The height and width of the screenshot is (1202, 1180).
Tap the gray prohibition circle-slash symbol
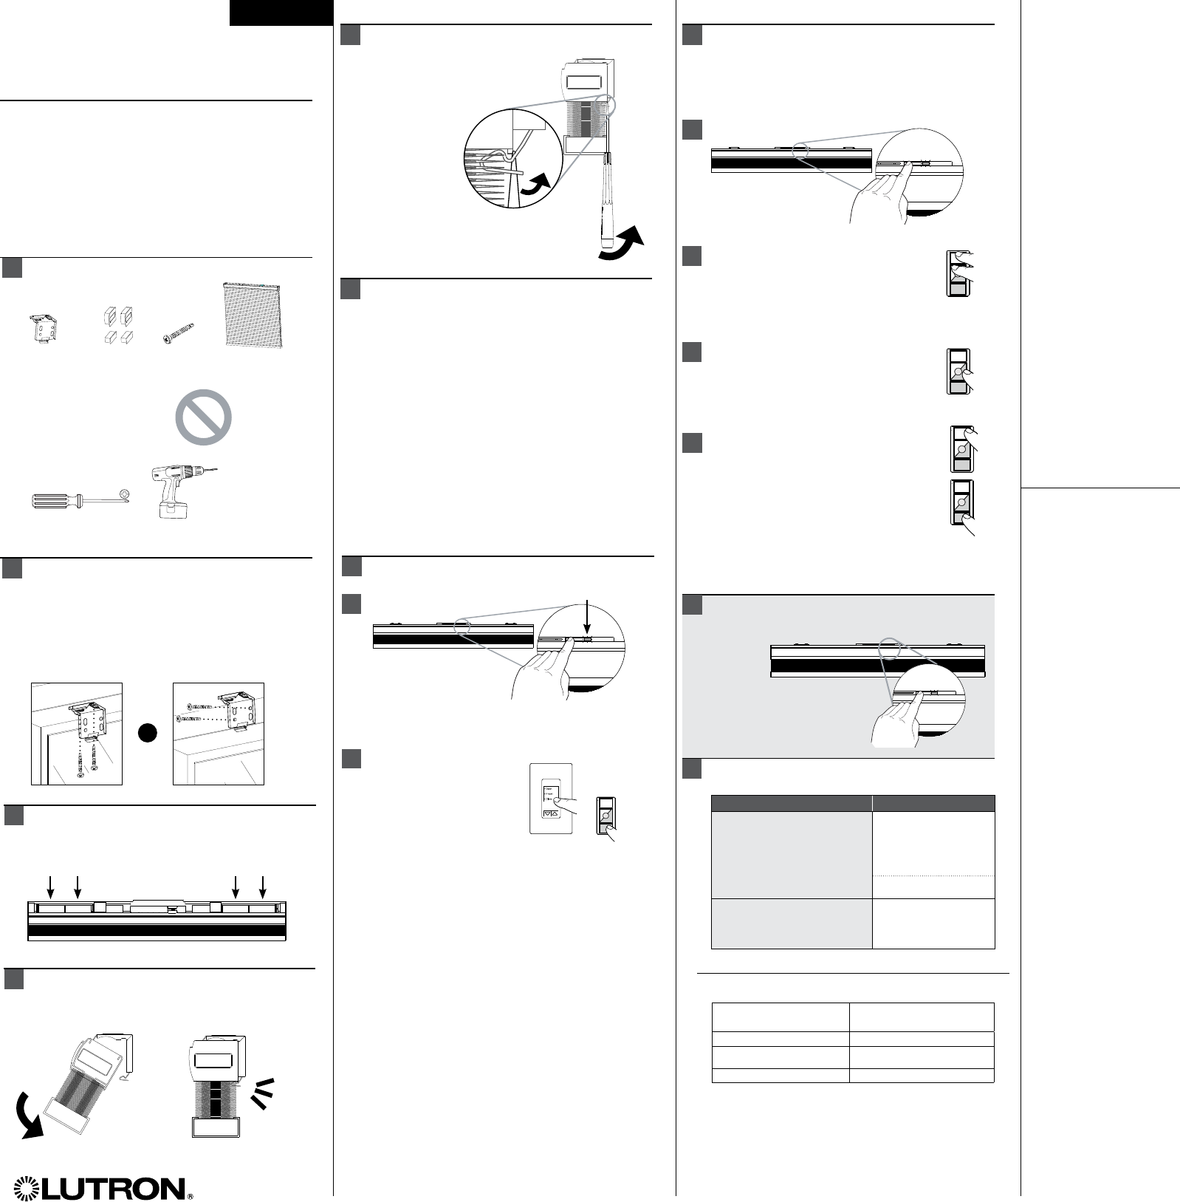point(203,417)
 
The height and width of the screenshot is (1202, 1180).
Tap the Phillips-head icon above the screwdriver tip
point(125,493)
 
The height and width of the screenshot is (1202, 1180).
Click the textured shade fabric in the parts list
point(253,314)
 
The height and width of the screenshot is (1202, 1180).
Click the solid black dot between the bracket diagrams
point(148,732)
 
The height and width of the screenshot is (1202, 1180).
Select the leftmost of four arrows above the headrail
point(50,887)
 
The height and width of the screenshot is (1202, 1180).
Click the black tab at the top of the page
point(281,13)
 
